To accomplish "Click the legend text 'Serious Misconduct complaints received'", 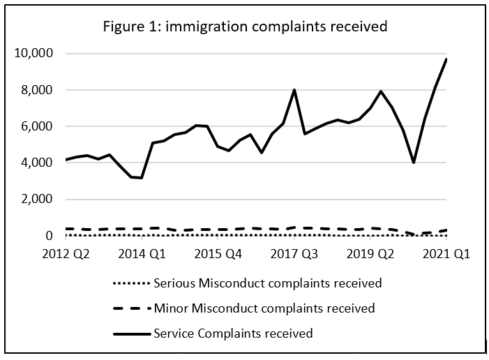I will click(x=268, y=283).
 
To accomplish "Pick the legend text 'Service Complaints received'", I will click(x=233, y=333).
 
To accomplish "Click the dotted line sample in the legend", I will click(x=130, y=284).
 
